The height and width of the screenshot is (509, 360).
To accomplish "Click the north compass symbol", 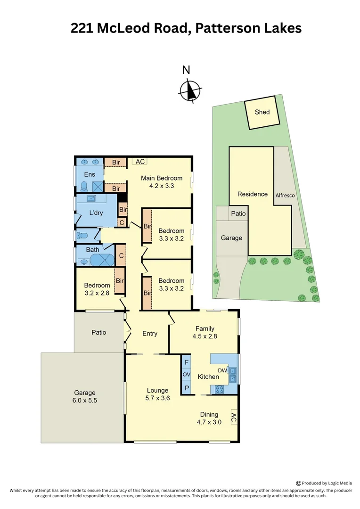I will point(190,90).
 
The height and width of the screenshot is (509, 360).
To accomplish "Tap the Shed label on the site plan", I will point(262,112).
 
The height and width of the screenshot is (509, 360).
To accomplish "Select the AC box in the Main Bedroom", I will point(139,162).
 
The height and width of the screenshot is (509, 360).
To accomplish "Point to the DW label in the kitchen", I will point(222,371).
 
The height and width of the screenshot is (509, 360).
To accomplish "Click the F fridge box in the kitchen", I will point(187,362).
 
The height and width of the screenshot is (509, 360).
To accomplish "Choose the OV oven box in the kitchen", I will point(187,375).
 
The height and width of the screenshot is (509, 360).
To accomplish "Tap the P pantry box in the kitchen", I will point(187,388).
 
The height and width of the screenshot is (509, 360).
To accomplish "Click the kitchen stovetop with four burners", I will point(219,389).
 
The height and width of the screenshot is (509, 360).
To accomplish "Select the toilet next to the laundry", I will point(83,235).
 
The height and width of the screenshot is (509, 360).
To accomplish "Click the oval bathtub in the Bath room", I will point(101,260).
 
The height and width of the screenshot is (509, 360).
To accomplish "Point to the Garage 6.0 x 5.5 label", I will point(85,396).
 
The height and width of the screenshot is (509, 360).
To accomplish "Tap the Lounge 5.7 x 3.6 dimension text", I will point(157,398).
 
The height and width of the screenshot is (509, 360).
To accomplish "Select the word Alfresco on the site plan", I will point(285,195).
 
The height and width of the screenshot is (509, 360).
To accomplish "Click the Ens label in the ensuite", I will point(90,175).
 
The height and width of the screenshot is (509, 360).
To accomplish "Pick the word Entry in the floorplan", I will point(150,334).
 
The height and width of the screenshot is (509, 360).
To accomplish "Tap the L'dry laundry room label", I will point(96,213).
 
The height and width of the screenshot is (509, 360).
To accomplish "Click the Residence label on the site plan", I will point(253,194).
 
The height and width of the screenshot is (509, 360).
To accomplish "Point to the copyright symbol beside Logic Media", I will point(298,483).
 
